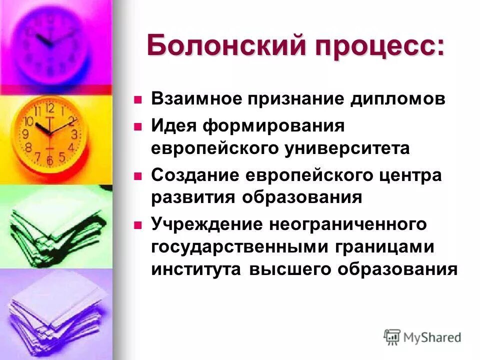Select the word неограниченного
348,224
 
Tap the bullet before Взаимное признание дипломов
138,98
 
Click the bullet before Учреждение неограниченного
138,223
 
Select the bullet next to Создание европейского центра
138,175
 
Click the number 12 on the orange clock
49,108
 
